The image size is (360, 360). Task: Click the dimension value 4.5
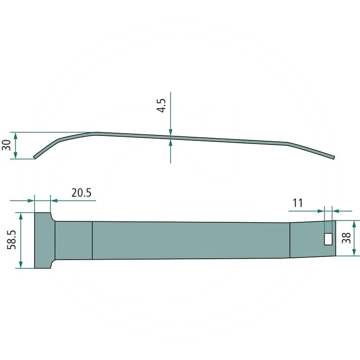(x=161, y=106)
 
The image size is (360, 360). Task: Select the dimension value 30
(x=6, y=145)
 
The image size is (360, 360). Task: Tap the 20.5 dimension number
(x=81, y=193)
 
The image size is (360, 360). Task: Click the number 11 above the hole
(x=297, y=203)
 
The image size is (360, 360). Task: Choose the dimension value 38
(x=346, y=238)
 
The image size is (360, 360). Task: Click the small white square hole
(x=328, y=239)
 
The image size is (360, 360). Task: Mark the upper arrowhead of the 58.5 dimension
(x=21, y=216)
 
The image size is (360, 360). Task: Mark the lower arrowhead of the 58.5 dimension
(x=21, y=265)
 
